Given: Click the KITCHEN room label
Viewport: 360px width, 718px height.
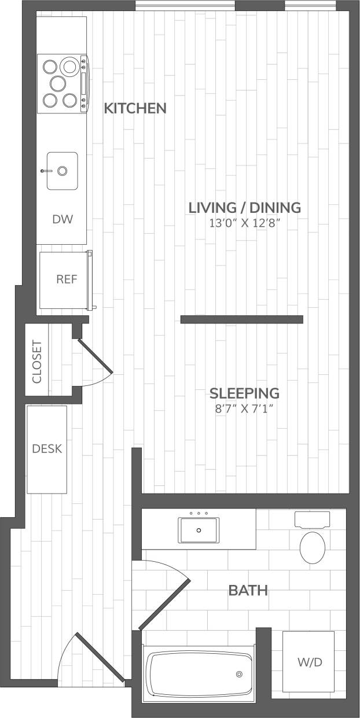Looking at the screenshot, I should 135,108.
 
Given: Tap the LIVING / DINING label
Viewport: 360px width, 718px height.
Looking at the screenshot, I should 245,207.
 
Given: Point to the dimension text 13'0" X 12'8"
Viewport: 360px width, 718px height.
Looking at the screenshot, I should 245,223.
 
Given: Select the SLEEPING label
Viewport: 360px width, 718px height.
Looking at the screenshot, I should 244,393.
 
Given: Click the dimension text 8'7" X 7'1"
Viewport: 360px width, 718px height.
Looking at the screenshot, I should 244,409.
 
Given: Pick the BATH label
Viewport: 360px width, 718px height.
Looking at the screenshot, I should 248,591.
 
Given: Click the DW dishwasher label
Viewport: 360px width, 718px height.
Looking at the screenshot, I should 62,219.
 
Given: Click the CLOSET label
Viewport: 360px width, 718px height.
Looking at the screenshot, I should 38,363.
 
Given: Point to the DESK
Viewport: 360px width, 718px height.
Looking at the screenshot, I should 47,449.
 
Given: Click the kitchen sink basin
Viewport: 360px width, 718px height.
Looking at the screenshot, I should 62,171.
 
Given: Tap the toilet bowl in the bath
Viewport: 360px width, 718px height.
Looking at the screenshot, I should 313,547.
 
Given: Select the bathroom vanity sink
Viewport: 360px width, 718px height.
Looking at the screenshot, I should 199,530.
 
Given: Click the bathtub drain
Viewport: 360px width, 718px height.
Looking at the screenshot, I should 238,675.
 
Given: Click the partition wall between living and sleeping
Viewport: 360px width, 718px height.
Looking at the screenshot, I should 241,319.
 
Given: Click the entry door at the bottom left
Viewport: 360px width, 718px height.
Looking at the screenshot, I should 99,657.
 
